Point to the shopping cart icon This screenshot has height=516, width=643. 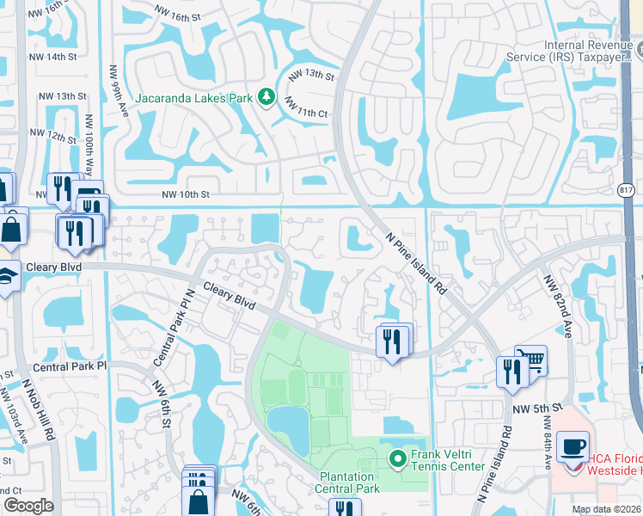coord(531,360)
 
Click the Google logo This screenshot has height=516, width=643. coord(28,506)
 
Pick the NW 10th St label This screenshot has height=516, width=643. coord(186,195)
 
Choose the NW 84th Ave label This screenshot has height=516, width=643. coord(547,444)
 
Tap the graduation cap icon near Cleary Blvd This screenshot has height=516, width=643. coord(8,277)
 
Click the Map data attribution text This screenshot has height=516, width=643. coord(606,509)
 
